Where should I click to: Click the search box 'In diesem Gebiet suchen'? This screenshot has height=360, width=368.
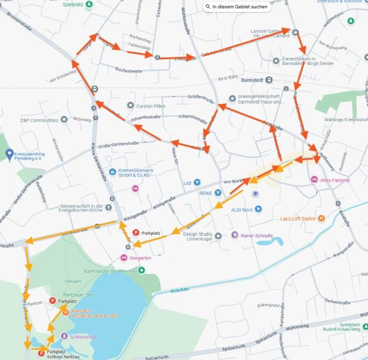click(236, 7)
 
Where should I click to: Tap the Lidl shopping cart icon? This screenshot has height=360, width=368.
click(197, 183)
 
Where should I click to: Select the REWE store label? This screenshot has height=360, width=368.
click(205, 193)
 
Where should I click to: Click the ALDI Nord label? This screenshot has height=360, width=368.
click(241, 209)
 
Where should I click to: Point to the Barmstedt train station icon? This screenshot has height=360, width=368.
click(269, 80)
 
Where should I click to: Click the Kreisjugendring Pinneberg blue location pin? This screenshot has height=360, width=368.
click(9, 153)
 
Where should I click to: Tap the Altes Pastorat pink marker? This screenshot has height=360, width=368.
click(314, 179)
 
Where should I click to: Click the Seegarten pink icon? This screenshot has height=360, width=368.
click(124, 258)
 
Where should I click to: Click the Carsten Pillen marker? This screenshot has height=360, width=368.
click(131, 106)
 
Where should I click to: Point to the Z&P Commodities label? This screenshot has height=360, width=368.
click(40, 119)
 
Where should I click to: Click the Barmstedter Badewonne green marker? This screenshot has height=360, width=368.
click(141, 269)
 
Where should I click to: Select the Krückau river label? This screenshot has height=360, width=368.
click(181, 289)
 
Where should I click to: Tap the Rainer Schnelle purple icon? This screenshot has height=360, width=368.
click(235, 235)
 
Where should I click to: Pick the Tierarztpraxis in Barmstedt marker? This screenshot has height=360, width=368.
click(276, 61)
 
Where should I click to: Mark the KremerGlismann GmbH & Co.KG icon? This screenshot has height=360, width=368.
click(112, 172)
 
